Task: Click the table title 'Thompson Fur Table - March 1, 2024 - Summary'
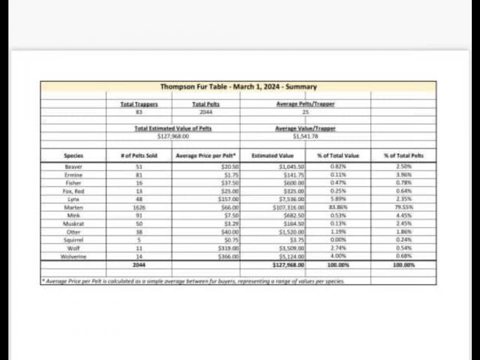[238, 87]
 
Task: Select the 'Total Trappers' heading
[139, 104]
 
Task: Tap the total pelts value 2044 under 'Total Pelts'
[205, 112]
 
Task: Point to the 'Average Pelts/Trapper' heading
[305, 104]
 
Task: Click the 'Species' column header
[73, 155]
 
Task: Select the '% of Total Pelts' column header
[403, 155]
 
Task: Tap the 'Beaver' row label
[73, 166]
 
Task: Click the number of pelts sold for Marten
[139, 207]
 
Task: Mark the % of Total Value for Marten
[337, 207]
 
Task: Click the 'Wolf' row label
[73, 248]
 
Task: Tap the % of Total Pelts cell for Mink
[403, 215]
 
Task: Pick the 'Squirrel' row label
[73, 240]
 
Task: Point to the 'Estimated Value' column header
[272, 155]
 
